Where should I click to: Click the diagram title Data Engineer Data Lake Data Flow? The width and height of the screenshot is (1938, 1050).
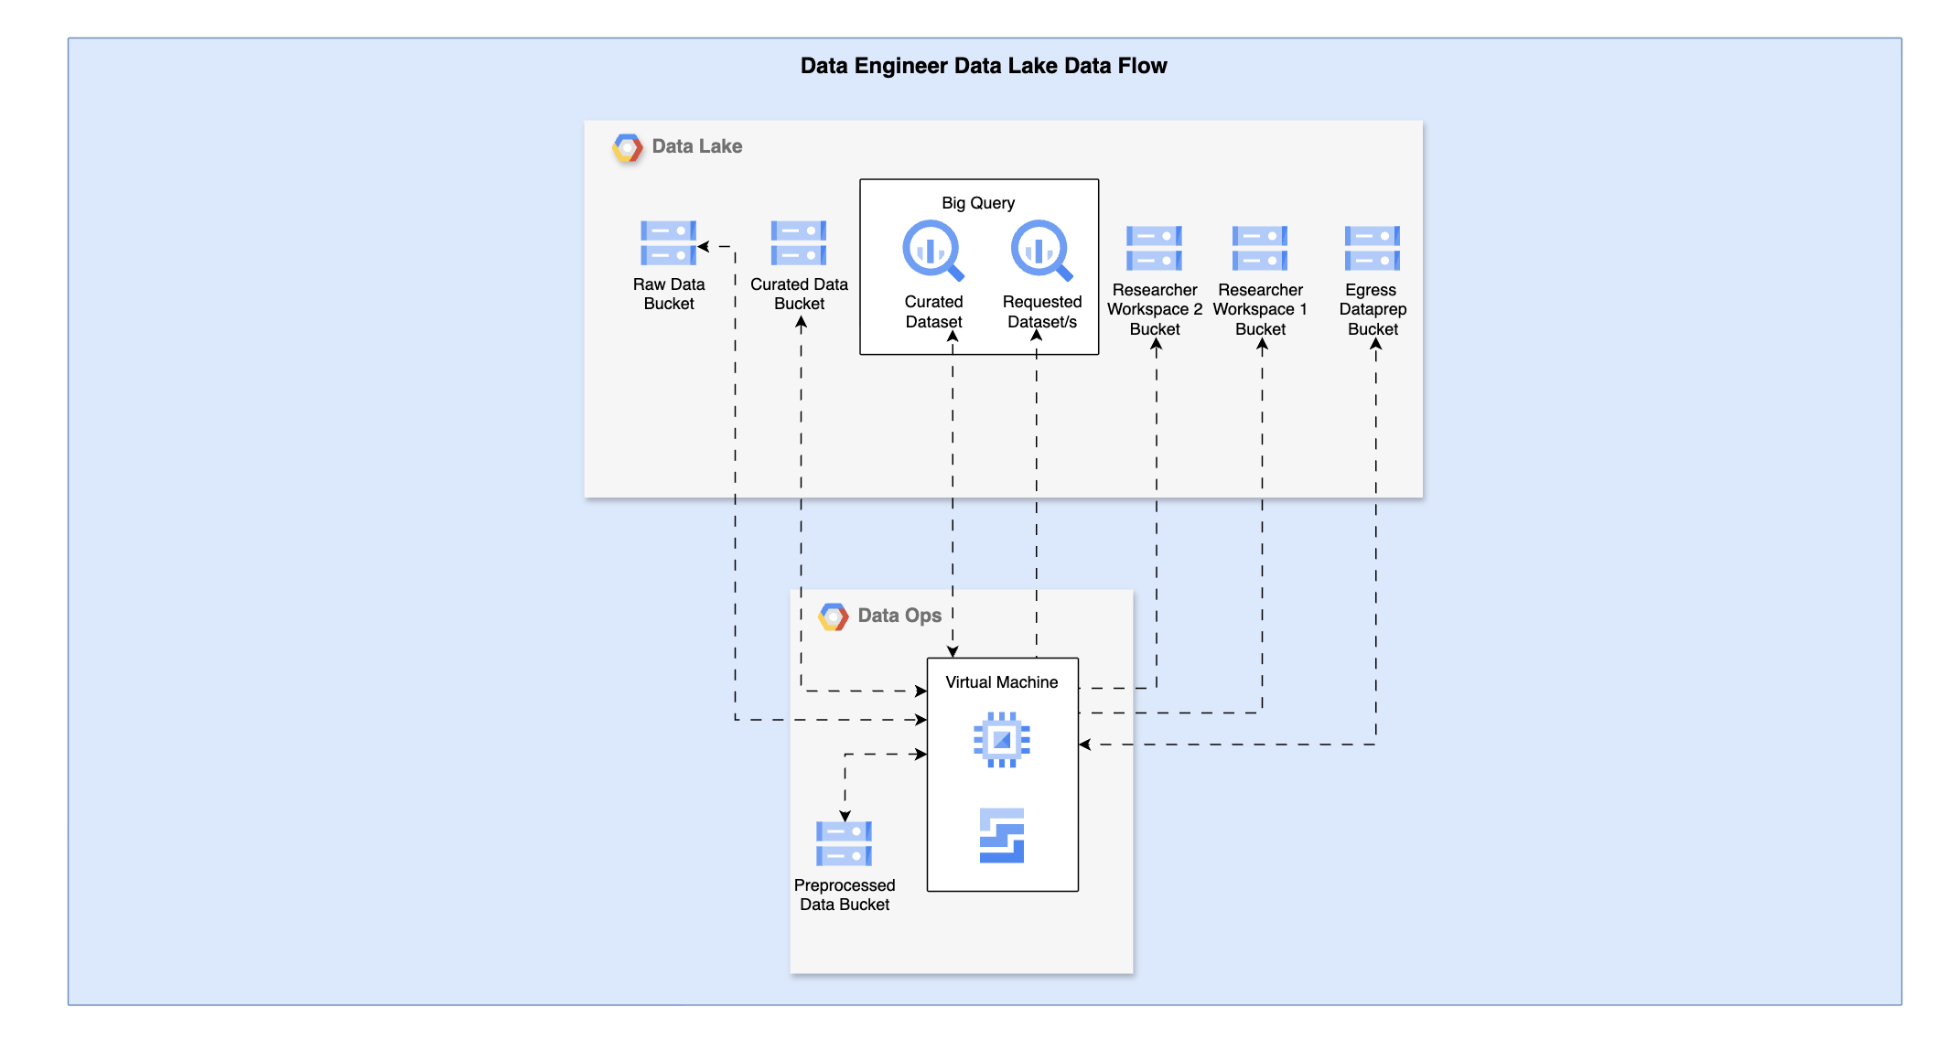coord(983,66)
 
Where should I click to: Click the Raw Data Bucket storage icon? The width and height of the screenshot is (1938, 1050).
coord(668,243)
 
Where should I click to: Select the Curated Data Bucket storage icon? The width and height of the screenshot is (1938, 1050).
coord(798,243)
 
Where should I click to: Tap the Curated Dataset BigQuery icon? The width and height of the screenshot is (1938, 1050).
coord(932,250)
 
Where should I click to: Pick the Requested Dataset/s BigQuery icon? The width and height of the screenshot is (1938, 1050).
coord(1040,250)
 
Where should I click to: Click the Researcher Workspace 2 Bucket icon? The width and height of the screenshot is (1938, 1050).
coord(1154,249)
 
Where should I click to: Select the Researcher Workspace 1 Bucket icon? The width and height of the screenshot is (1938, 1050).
coord(1260,249)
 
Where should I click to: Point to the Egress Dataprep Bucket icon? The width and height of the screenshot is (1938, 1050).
coord(1372,249)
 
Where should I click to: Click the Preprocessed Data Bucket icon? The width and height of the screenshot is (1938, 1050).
coord(844,843)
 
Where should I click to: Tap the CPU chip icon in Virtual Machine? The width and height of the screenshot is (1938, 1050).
coord(1002,739)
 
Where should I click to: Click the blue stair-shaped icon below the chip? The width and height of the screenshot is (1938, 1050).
coord(1002,835)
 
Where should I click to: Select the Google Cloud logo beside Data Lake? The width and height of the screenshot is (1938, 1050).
coord(628,147)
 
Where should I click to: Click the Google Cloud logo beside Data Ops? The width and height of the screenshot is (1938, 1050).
coord(834,616)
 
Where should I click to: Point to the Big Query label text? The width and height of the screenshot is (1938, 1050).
coord(978,203)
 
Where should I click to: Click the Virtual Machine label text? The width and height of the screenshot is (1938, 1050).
coord(1001,682)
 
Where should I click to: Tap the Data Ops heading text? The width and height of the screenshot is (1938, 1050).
coord(899,616)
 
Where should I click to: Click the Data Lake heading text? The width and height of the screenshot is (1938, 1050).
coord(696,146)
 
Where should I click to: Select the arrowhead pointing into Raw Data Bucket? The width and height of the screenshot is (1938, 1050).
coord(704,246)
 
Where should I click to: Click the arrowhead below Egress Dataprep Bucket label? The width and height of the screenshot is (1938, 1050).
coord(1375,344)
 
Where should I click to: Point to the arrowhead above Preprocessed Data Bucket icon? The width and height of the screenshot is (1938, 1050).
coord(845,815)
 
